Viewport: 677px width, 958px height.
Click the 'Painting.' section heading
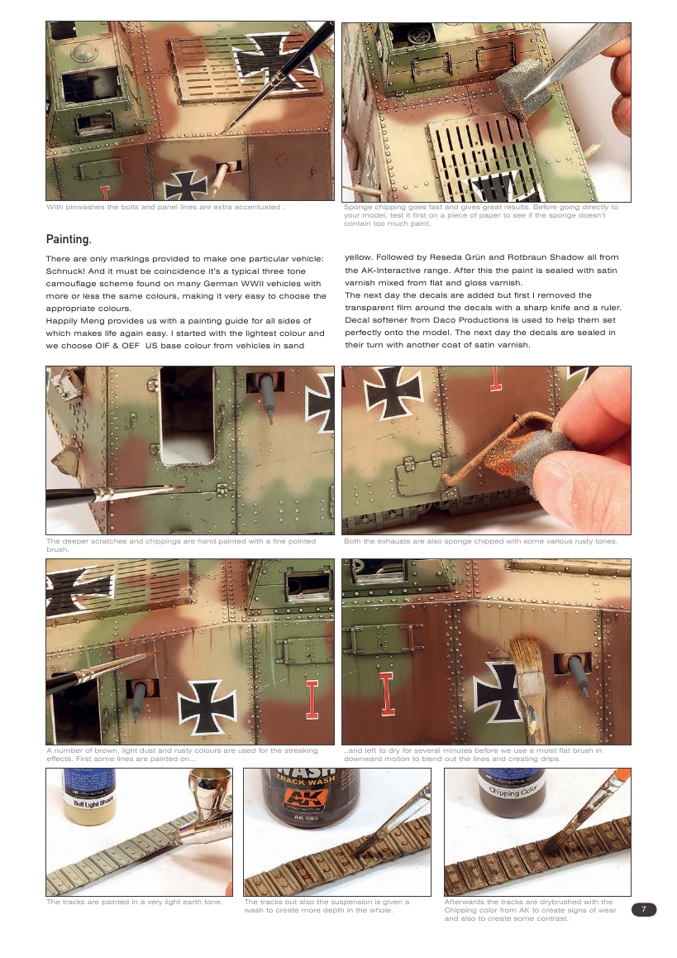pos(68,239)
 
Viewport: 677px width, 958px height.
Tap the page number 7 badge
pos(644,910)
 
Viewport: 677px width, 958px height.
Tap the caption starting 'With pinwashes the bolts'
pos(165,207)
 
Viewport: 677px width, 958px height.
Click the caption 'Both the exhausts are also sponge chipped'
pos(485,542)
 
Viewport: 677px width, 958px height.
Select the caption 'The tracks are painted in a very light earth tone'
pos(135,902)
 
